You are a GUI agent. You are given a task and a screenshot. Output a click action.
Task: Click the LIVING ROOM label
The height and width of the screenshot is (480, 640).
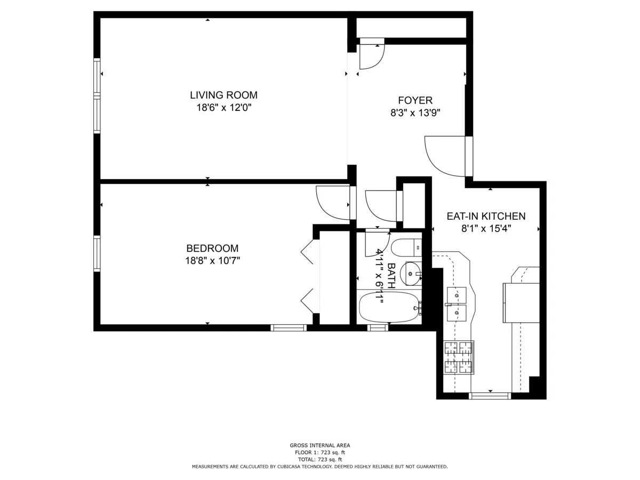(x=223, y=95)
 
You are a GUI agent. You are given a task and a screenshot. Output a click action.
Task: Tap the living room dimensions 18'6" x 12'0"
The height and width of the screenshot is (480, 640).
(x=223, y=108)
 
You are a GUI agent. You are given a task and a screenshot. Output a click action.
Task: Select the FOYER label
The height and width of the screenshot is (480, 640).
(x=415, y=100)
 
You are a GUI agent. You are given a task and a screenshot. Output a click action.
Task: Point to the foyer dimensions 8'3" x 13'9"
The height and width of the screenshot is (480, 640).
(x=415, y=113)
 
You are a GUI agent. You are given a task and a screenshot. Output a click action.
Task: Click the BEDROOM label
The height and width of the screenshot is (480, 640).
(x=212, y=248)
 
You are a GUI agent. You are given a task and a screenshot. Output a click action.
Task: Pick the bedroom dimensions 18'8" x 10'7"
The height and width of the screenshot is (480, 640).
(x=212, y=260)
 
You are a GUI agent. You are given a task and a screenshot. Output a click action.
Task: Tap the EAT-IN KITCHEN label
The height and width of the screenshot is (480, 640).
(x=486, y=216)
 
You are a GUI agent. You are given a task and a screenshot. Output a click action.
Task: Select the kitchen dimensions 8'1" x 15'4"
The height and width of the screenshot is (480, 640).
(x=486, y=228)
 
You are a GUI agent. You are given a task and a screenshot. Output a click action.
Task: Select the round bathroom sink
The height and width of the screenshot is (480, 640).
(x=410, y=274)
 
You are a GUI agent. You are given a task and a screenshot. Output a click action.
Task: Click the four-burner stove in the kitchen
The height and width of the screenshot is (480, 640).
(x=458, y=357)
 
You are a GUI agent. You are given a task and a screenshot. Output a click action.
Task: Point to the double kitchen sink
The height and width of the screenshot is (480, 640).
(x=456, y=303)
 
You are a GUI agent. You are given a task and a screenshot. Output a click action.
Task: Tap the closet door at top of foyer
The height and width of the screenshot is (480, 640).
(x=371, y=55)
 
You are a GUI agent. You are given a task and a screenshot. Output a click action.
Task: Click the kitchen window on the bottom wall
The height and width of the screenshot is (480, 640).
(x=489, y=395)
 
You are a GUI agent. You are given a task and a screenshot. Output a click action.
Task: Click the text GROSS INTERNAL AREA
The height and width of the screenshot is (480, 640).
(x=320, y=445)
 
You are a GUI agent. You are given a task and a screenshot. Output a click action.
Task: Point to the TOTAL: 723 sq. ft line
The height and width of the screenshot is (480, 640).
(x=320, y=459)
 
